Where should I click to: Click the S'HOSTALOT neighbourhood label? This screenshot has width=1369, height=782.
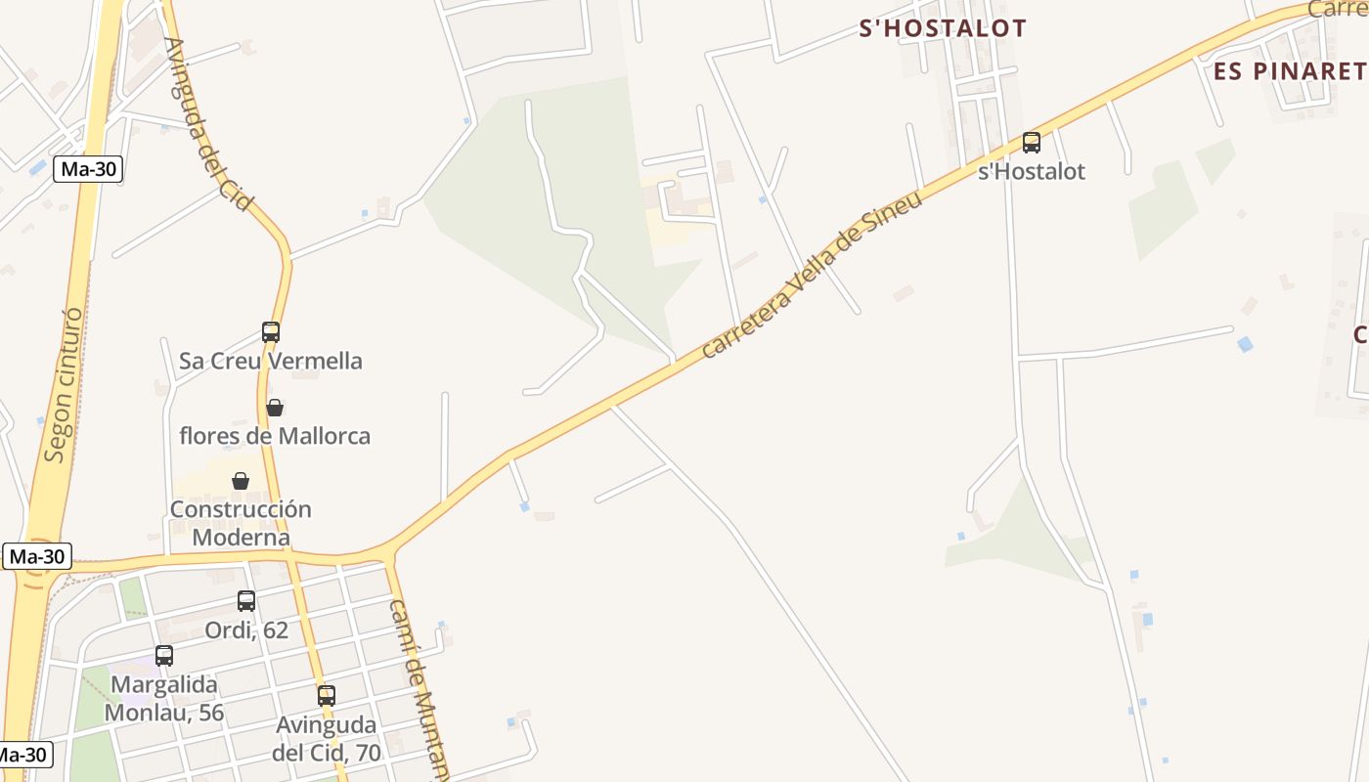(943, 28)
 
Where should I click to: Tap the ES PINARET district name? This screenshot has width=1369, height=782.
(1289, 71)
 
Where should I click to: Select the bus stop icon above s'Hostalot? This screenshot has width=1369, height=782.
(1032, 143)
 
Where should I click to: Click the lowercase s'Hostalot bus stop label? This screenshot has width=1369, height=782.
(1032, 172)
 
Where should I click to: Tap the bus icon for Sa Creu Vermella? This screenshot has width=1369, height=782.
(271, 332)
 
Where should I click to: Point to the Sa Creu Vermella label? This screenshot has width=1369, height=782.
(271, 361)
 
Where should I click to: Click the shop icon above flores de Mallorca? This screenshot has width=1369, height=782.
(275, 407)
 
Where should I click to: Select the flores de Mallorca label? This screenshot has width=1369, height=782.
(275, 436)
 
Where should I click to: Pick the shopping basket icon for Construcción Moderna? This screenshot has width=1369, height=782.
(241, 481)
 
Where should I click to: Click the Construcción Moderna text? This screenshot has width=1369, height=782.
(241, 523)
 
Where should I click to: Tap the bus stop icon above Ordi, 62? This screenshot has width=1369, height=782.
(246, 601)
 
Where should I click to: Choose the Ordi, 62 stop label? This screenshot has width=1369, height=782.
(246, 630)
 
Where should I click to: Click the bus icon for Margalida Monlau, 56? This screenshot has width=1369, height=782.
(164, 656)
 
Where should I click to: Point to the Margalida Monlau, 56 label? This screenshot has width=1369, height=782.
(164, 698)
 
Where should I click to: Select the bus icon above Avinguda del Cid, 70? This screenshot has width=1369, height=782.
(327, 696)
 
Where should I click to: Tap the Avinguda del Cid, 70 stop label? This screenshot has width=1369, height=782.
(327, 739)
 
